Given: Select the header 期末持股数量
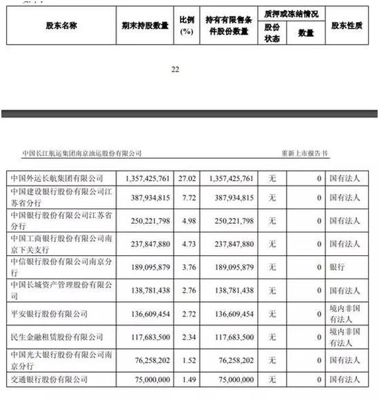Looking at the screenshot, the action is click(143, 27).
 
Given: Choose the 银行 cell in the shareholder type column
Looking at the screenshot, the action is click(338, 265).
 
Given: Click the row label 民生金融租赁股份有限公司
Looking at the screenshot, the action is click(55, 338).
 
